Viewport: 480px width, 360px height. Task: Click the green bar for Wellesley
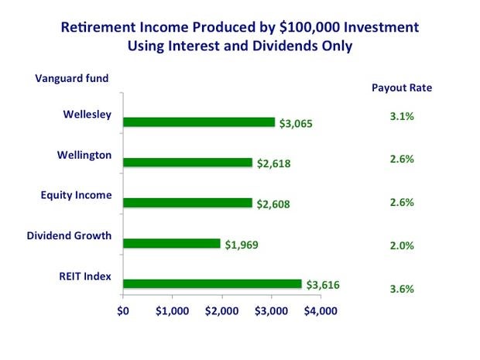pos(199,122)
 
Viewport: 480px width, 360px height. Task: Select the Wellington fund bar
pos(187,163)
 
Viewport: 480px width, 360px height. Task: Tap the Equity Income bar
pos(187,203)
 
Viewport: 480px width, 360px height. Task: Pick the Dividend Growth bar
pos(172,243)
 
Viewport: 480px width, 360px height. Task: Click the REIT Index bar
pos(212,284)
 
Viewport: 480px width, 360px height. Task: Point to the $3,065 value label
pos(296,124)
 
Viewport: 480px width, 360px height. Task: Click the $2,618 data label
pos(273,164)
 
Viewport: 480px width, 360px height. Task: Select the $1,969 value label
pos(242,245)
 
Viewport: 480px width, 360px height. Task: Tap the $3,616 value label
pos(323,285)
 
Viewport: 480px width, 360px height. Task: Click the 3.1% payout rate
pos(402,116)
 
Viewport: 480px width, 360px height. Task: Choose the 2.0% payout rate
pos(402,245)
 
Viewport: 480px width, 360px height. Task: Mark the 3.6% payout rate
pos(402,289)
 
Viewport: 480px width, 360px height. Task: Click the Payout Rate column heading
pos(402,88)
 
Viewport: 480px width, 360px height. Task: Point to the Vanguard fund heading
pos(72,78)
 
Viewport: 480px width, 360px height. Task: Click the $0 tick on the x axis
pos(123,311)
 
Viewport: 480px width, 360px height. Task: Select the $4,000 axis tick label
pos(321,311)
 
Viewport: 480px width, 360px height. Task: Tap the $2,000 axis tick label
pos(222,311)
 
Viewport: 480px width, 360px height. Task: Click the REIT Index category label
pos(85,276)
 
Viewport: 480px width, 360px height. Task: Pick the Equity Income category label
pos(76,195)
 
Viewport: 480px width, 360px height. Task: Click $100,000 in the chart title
pos(310,27)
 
